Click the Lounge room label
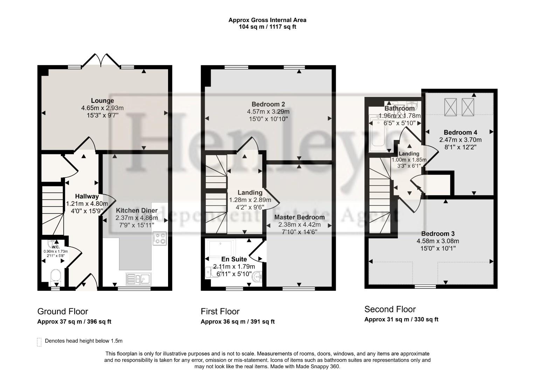click(103, 101)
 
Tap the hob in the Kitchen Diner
click(159, 238)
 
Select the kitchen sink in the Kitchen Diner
click(139, 279)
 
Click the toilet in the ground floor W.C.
click(55, 276)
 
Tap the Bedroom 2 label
click(268, 104)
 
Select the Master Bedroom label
click(299, 217)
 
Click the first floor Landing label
click(250, 192)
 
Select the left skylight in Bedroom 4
click(450, 107)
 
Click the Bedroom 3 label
click(438, 233)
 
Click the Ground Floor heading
click(63, 311)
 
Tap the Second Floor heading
click(390, 309)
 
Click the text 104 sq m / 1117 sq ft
click(267, 27)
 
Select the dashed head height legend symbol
click(39, 342)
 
